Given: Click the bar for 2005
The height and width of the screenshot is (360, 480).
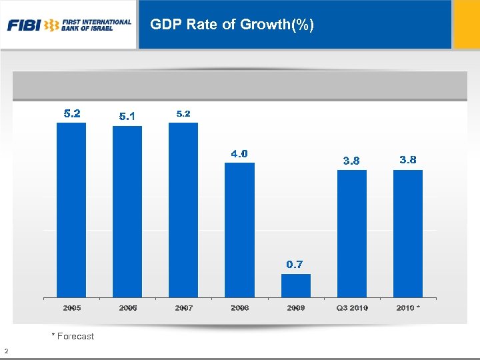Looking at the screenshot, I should pyautogui.click(x=71, y=210).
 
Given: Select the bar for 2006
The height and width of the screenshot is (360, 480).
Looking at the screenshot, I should pyautogui.click(x=127, y=211).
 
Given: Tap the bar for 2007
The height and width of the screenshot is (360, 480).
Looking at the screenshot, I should pyautogui.click(x=183, y=210).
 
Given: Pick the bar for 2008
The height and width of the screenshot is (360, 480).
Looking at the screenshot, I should pyautogui.click(x=239, y=230).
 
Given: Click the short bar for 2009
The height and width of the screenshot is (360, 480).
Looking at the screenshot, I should pyautogui.click(x=296, y=285).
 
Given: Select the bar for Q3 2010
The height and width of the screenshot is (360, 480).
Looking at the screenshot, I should pyautogui.click(x=352, y=233).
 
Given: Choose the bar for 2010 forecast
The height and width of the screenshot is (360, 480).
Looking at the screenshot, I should pyautogui.click(x=408, y=233).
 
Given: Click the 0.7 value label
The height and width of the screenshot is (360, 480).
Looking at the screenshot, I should pyautogui.click(x=295, y=265).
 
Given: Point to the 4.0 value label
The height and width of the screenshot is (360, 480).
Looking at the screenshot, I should pyautogui.click(x=239, y=154).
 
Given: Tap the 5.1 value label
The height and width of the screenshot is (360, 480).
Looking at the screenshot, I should pyautogui.click(x=127, y=117).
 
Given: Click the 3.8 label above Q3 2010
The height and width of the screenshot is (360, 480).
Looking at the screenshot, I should pyautogui.click(x=351, y=161).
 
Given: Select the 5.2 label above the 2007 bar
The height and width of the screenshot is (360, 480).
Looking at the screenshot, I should pyautogui.click(x=183, y=114).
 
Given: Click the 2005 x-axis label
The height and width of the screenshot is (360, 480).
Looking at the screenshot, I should pyautogui.click(x=72, y=308).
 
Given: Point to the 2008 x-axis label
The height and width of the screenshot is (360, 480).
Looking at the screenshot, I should pyautogui.click(x=240, y=308).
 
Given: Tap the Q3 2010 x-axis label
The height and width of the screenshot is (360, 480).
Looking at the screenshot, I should pyautogui.click(x=353, y=308).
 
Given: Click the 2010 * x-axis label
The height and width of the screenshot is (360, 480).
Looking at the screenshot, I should pyautogui.click(x=408, y=308).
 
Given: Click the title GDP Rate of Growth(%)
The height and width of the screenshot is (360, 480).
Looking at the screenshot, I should pyautogui.click(x=232, y=25).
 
